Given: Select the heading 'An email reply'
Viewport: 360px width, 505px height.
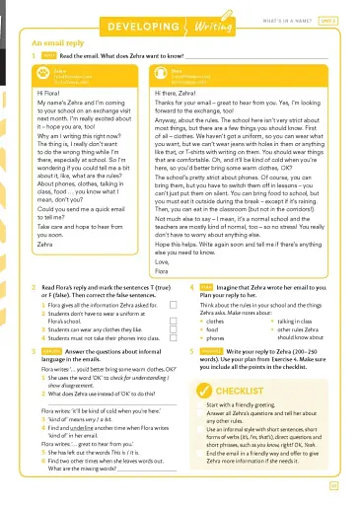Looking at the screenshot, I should click(x=60, y=43).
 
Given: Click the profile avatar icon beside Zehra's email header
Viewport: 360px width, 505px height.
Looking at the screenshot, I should click(x=30, y=72).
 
